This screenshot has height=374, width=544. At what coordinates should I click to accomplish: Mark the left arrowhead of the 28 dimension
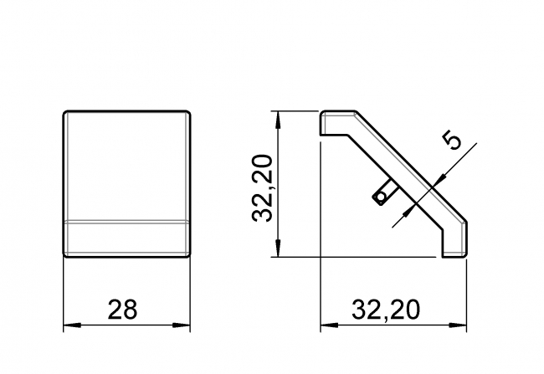pyautogui.click(x=70, y=324)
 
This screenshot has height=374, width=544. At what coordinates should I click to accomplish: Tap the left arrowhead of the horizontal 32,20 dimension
pyautogui.click(x=325, y=324)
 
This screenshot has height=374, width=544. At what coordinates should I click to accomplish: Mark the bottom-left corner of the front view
pyautogui.click(x=67, y=254)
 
